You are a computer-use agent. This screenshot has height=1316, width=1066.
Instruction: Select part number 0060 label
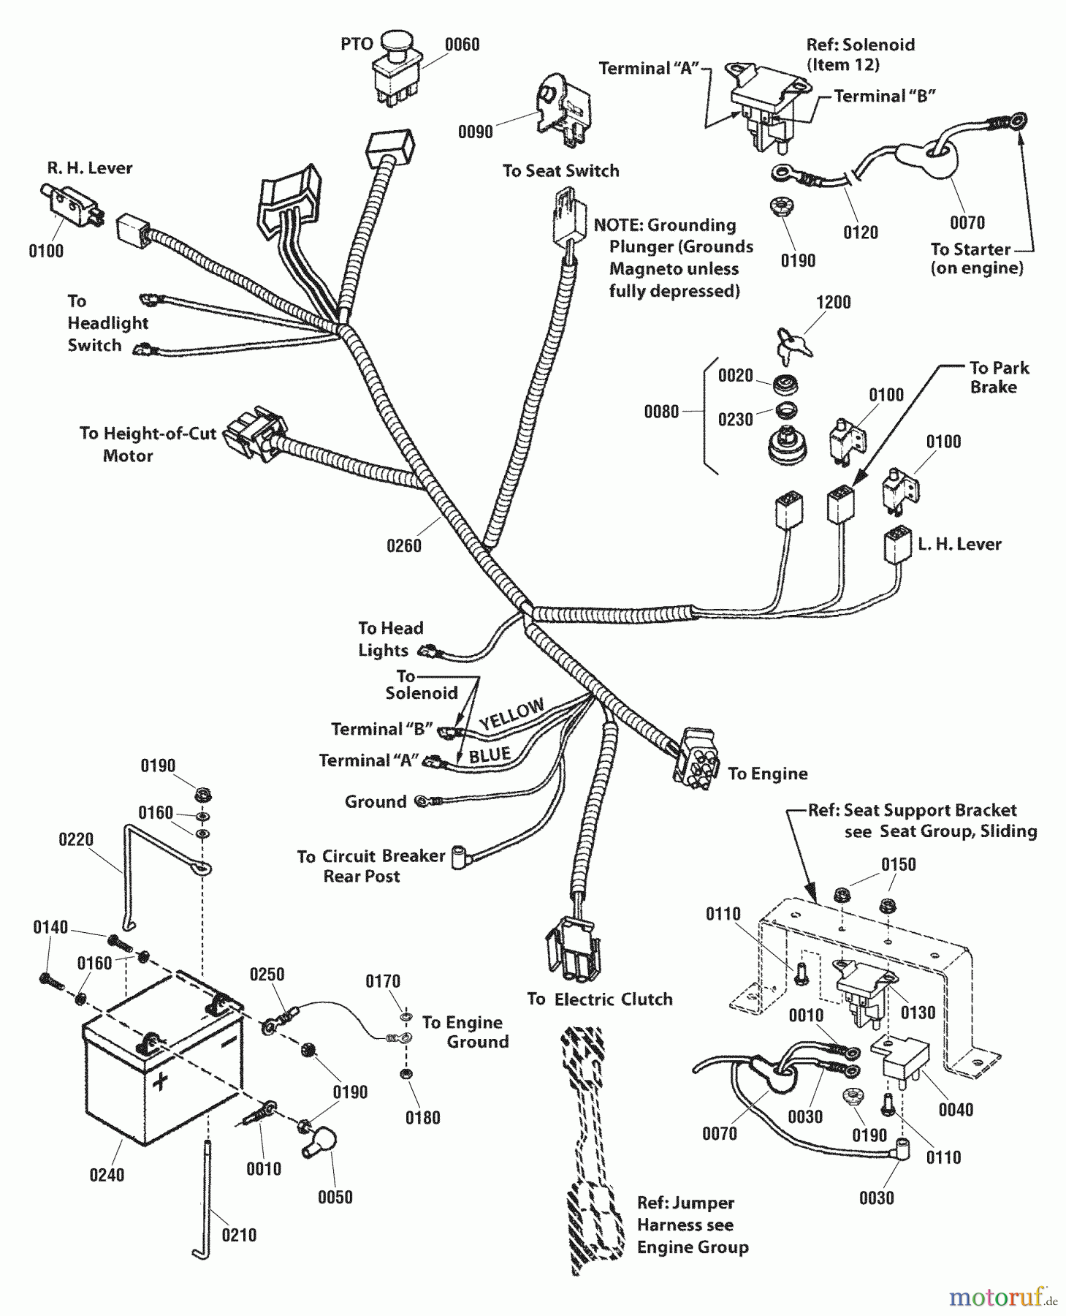(462, 45)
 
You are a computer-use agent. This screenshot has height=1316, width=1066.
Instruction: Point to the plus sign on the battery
(159, 1079)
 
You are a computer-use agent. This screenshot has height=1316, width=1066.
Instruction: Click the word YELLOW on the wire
(511, 714)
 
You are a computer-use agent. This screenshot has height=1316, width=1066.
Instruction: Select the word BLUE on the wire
(489, 755)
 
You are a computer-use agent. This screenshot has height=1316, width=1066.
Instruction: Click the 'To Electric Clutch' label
(599, 999)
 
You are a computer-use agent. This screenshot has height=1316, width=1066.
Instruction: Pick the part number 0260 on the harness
(404, 545)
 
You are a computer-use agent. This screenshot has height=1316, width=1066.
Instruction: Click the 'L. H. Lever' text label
(959, 544)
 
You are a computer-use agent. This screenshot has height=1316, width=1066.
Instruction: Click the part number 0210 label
(239, 1235)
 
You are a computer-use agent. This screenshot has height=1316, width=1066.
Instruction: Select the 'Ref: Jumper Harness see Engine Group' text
(692, 1225)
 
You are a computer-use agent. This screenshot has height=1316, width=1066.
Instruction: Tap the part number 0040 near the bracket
(956, 1110)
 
